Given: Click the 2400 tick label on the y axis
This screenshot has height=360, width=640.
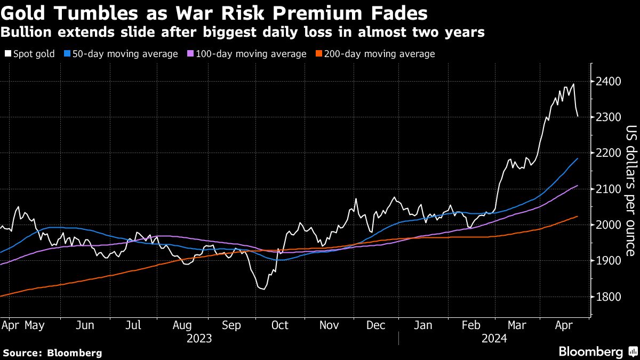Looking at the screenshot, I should click(609, 82).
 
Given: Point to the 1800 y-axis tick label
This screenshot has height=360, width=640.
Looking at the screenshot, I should click(609, 297).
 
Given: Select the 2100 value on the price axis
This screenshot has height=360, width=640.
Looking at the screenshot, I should click(609, 189).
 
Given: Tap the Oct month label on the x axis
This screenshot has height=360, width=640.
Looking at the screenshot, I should click(279, 325).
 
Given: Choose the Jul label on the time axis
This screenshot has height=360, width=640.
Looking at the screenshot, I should click(134, 325).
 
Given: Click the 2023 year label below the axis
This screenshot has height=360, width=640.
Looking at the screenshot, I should click(198, 338).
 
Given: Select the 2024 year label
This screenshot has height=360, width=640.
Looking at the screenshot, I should click(493, 338).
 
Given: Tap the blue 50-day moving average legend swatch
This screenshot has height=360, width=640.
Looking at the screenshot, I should click(66, 54).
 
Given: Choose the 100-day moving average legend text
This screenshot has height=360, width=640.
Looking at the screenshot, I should click(251, 54).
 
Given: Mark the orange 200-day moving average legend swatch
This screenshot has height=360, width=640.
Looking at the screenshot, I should click(319, 54).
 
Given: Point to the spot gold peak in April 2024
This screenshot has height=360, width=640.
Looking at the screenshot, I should click(573, 84).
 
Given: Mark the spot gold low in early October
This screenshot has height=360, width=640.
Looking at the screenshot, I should click(262, 289).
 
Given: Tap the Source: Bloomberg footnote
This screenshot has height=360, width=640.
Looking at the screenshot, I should click(52, 353).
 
